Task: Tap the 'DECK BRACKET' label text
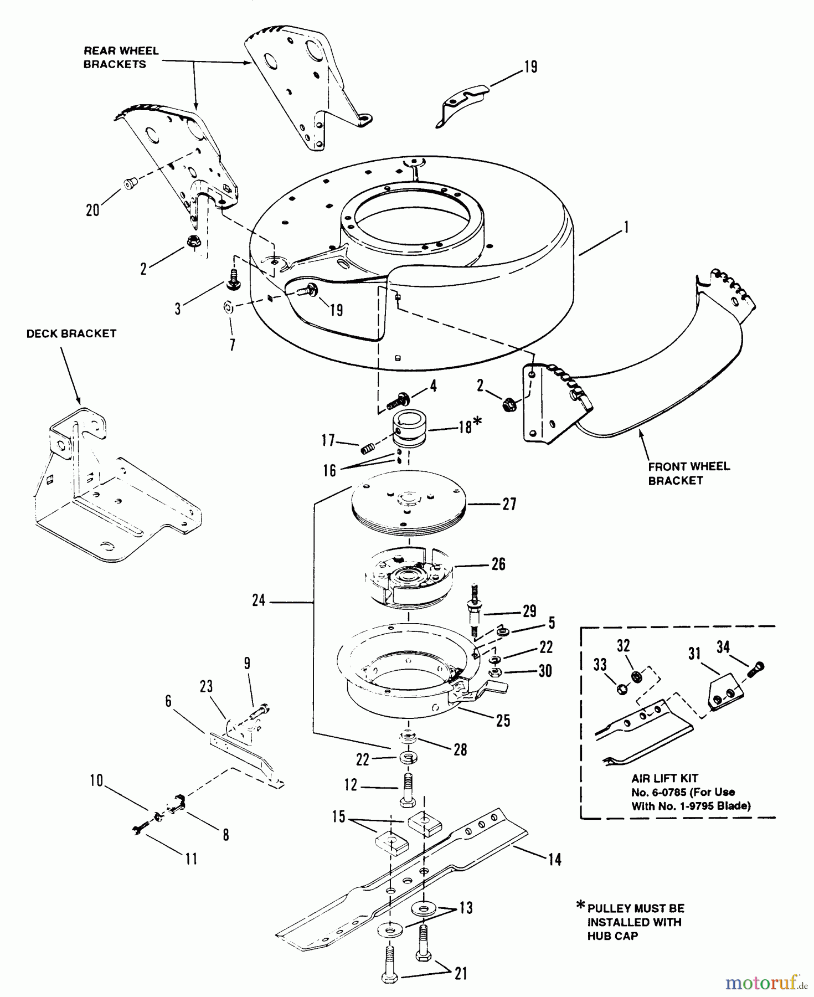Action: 71,333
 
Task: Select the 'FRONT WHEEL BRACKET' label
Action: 688,474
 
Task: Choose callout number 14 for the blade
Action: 554,859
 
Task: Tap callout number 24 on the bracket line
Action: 259,600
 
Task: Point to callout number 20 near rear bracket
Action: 92,210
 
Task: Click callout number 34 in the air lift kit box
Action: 723,646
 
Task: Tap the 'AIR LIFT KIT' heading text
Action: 664,779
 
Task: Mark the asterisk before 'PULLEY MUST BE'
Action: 580,906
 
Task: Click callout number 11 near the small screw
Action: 190,859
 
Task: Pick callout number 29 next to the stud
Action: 529,611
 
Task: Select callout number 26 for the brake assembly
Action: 498,564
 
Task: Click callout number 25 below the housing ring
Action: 503,721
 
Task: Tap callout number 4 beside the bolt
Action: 433,386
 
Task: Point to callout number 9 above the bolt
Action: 246,663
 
